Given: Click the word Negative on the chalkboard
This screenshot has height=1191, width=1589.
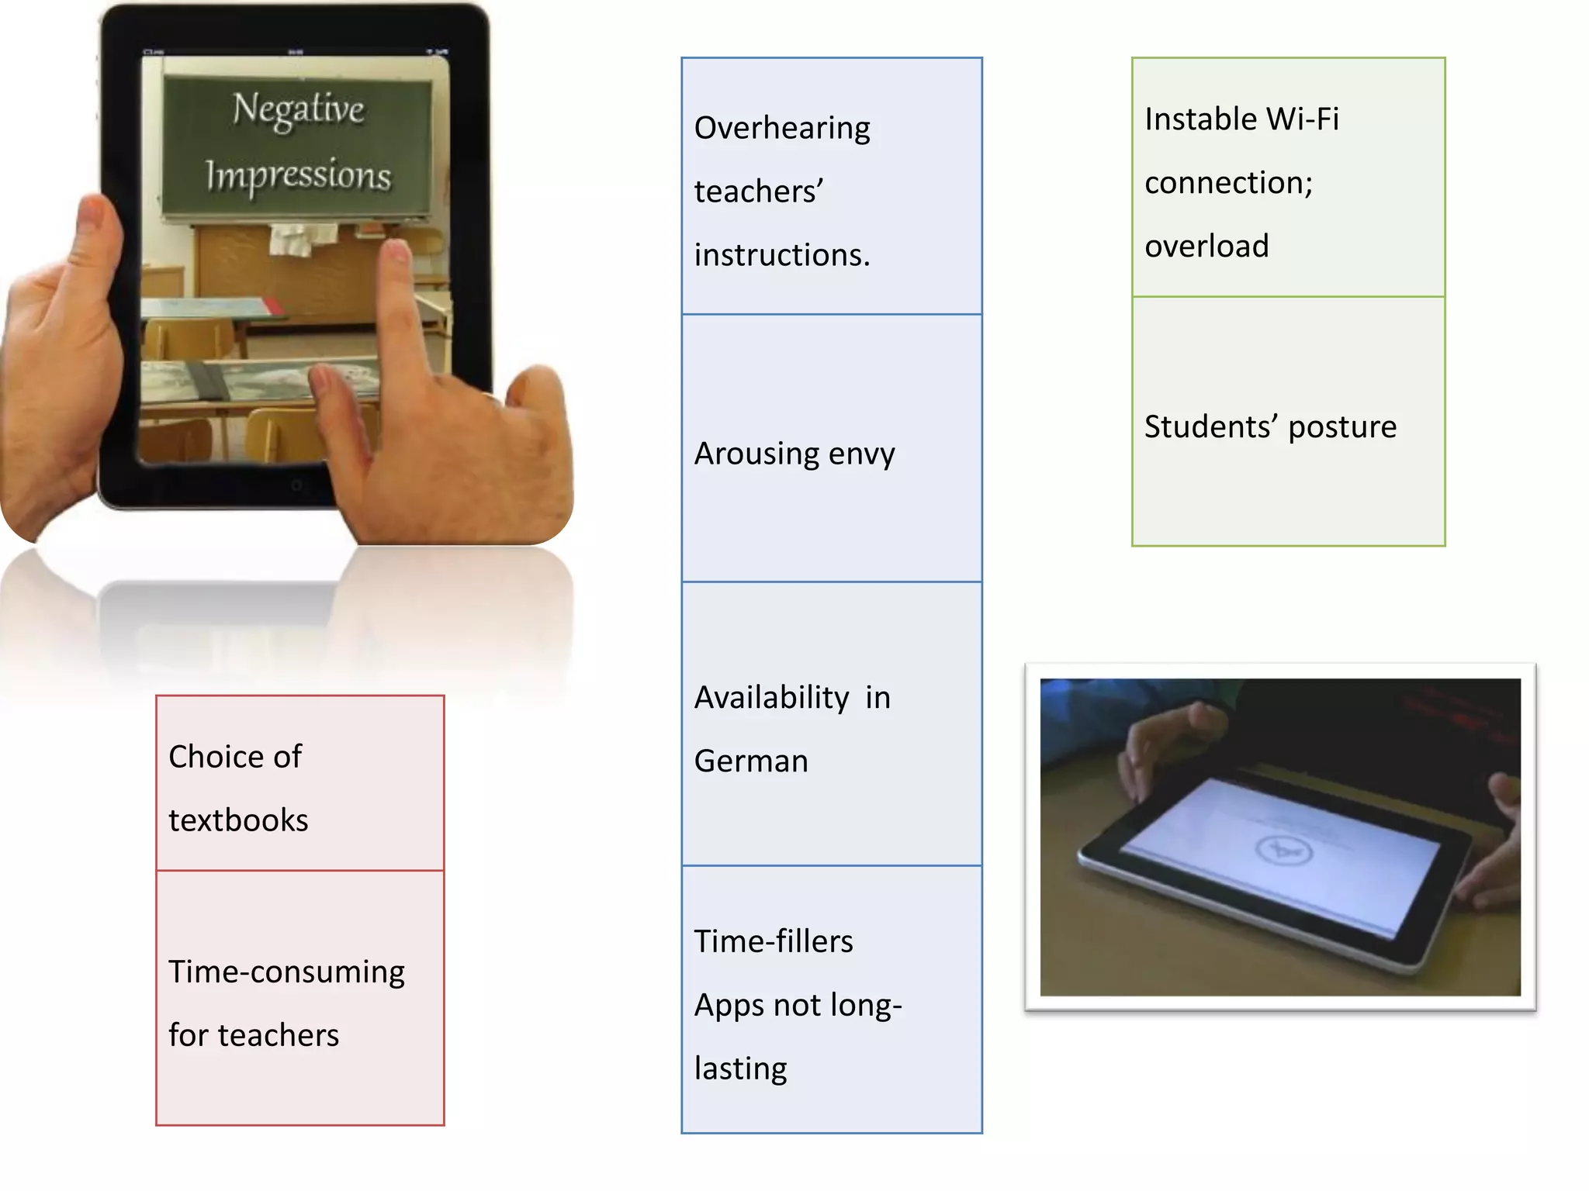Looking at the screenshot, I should pos(298,109).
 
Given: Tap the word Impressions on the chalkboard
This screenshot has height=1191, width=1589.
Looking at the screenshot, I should pos(298,175).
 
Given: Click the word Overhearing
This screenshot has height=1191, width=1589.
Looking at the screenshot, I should pos(782,128).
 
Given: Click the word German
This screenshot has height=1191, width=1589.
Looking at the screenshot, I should pos(750,761).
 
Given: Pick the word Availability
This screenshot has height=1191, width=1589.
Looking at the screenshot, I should pos(771,697).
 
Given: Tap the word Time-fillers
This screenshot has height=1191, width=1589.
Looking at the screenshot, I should pos(773,941).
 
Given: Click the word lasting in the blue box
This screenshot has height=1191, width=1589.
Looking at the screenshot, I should pos(740,1068).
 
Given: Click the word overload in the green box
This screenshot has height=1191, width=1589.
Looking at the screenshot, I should pos(1206,246).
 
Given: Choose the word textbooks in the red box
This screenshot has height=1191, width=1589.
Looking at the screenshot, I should pos(238,820).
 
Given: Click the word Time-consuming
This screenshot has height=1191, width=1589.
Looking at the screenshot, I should pos(286,972).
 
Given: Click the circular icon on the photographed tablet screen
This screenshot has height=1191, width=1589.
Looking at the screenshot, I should pos(1283,851).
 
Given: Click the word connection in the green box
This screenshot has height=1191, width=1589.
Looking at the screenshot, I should pos(1227,183).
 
